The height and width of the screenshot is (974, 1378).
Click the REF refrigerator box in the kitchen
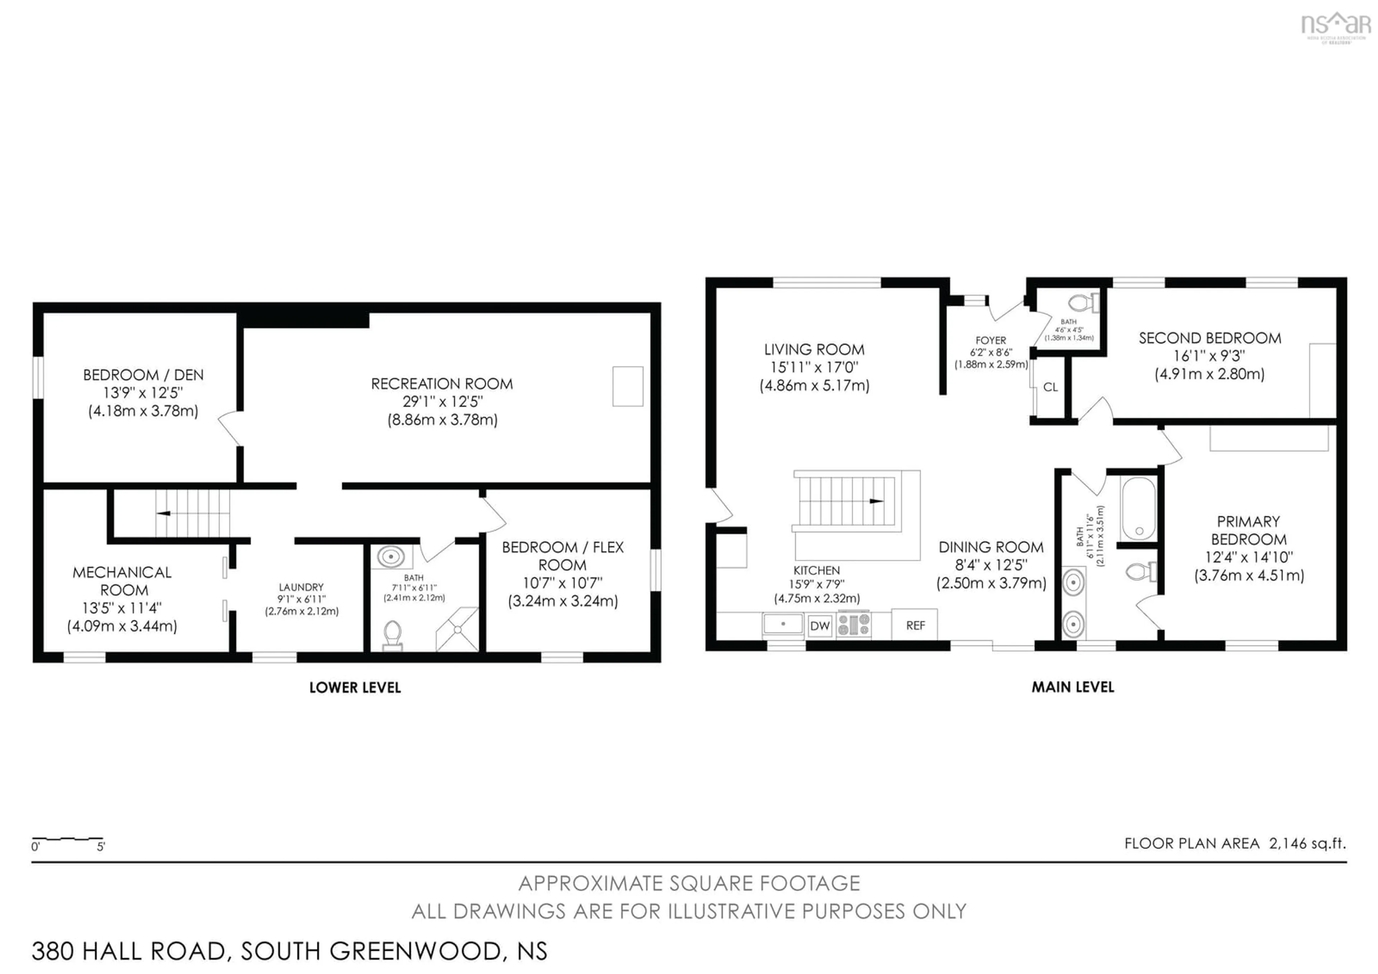pos(915,625)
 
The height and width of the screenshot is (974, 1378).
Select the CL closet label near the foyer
pos(1050,387)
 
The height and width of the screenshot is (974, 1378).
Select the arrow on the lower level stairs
pos(163,513)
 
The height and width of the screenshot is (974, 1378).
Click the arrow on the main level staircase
pos(876,501)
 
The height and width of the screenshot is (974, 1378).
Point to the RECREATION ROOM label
pos(442,384)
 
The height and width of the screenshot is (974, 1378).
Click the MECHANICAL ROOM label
pos(122,581)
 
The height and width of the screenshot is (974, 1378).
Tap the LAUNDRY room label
pos(301,587)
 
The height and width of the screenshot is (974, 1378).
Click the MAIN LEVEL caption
pos(1073,688)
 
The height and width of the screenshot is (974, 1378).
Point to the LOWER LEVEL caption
pos(355,688)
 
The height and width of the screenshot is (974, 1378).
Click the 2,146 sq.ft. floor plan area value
pos(1307,843)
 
